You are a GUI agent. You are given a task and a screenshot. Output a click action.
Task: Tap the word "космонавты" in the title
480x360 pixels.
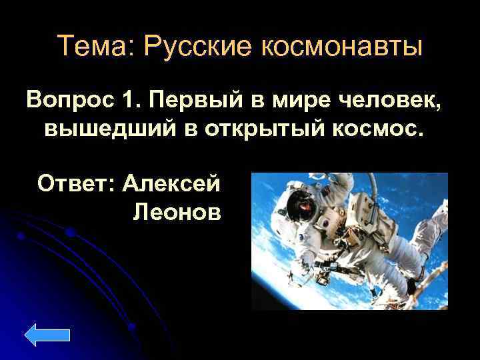339,47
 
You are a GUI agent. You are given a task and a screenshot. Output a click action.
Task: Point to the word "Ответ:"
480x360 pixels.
76,182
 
